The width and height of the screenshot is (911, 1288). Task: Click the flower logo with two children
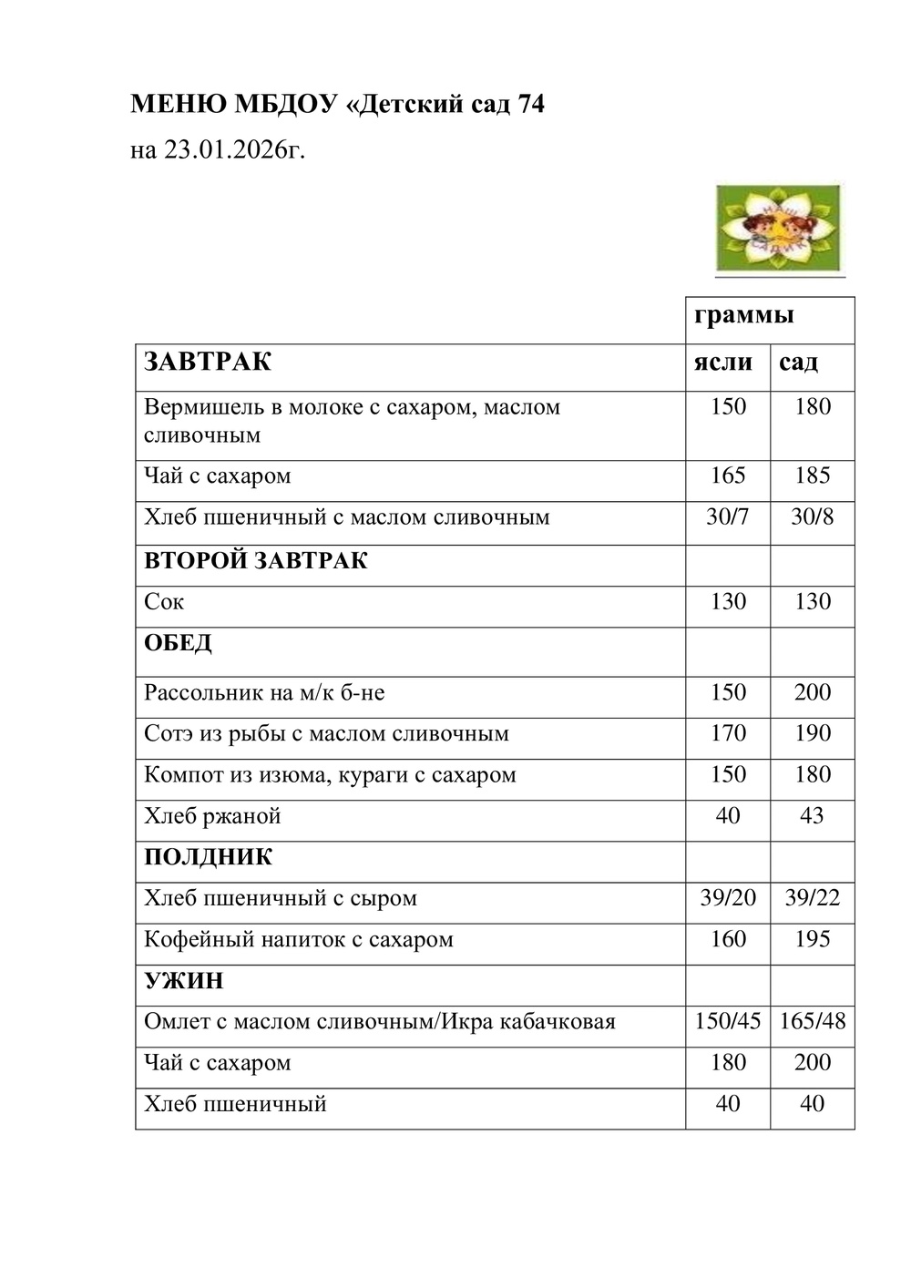[x=779, y=229]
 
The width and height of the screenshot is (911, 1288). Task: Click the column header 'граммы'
[x=743, y=315]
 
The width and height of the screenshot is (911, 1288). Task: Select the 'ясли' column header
[x=722, y=363]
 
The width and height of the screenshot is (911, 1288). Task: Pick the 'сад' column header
[x=798, y=363]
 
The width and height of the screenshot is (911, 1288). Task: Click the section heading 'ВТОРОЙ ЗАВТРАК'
[x=256, y=560]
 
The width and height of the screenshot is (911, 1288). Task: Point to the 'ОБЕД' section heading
[x=178, y=643]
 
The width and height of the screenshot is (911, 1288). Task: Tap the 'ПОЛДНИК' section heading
[x=208, y=857]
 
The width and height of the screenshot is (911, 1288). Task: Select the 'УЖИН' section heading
[x=183, y=981]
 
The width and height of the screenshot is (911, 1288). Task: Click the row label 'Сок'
[x=164, y=602]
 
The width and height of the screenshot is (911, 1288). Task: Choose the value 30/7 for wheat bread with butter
[x=727, y=517]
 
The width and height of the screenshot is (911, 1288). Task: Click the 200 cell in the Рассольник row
[x=812, y=692]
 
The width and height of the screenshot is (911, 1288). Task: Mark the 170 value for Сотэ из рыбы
[x=728, y=733]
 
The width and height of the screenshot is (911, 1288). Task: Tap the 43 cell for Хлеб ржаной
[x=812, y=815]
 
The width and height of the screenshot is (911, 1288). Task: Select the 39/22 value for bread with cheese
[x=812, y=898]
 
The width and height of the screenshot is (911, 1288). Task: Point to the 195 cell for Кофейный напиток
[x=812, y=939]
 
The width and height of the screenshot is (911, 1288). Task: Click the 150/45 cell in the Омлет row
[x=727, y=1021]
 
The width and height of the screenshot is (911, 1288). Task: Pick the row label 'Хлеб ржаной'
[x=212, y=816]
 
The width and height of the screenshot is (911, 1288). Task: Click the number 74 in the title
[x=530, y=105]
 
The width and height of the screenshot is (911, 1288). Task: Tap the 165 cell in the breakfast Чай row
[x=728, y=475]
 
